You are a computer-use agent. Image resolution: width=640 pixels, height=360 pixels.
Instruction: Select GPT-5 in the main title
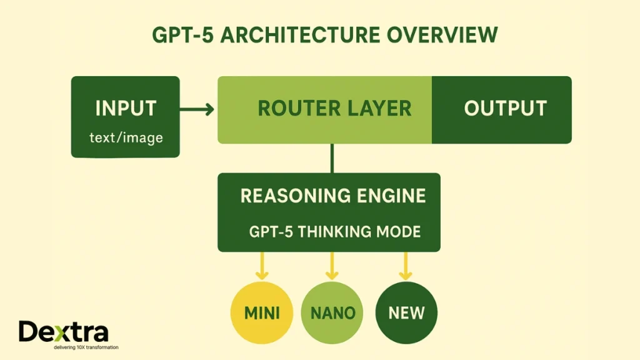[181, 36]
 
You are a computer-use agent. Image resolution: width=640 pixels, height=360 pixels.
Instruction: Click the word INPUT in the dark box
[125, 108]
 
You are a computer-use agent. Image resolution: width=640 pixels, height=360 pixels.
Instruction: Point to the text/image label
[126, 137]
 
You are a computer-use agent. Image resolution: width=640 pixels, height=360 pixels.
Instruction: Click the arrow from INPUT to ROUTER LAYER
[197, 110]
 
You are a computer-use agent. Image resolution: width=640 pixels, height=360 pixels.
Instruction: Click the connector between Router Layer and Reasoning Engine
[332, 158]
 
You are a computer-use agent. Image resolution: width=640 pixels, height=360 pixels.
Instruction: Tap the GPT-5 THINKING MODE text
[334, 231]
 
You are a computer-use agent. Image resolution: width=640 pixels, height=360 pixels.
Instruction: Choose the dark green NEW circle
[406, 312]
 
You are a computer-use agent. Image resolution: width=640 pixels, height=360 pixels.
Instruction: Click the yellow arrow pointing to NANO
[332, 266]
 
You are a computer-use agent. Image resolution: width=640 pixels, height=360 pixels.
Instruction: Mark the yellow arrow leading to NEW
[406, 266]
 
